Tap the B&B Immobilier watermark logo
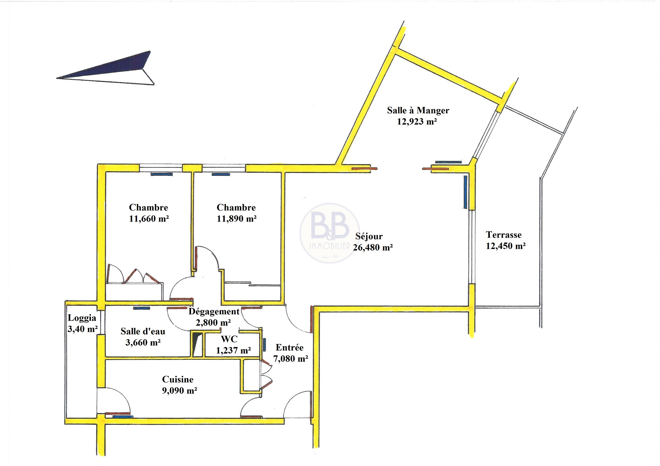click(330, 233)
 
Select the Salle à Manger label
click(418, 110)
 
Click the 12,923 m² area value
click(417, 122)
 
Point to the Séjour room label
click(369, 236)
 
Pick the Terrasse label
click(503, 235)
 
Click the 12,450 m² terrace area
click(506, 246)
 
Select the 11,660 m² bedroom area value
click(149, 219)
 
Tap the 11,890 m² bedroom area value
click(236, 219)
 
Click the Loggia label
click(82, 318)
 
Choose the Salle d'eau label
click(143, 332)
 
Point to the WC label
click(229, 339)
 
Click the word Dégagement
click(214, 312)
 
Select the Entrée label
click(290, 348)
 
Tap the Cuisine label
click(178, 380)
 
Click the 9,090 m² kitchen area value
click(180, 391)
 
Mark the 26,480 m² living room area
click(373, 248)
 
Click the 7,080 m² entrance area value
click(291, 359)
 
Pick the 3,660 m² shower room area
click(143, 343)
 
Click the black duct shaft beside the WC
click(197, 344)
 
